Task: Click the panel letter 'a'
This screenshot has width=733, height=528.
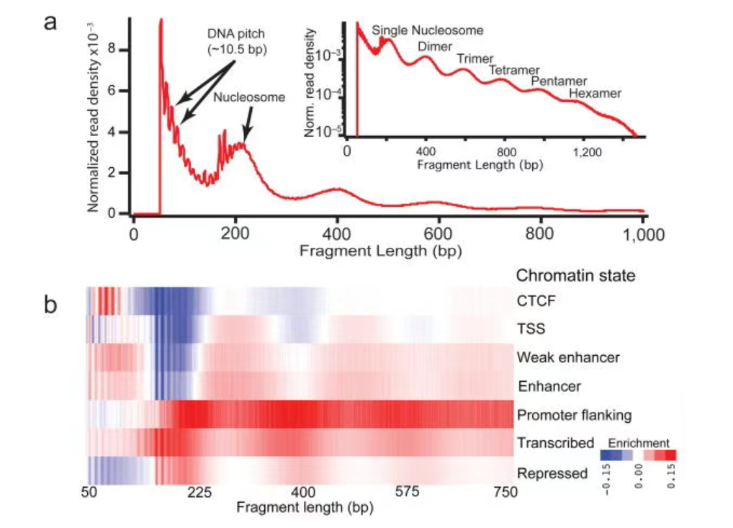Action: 50,22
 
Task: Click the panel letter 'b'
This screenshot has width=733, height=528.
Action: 50,305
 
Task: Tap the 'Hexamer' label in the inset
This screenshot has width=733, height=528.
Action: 594,93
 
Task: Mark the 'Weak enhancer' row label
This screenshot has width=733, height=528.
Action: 568,357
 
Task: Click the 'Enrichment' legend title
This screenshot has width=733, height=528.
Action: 639,442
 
